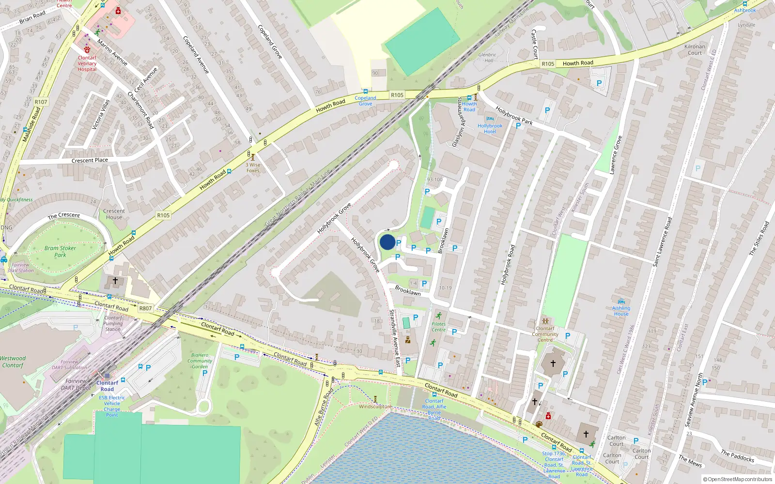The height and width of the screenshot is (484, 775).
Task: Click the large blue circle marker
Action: tap(387, 242)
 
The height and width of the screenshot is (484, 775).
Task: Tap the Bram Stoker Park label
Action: tap(60, 251)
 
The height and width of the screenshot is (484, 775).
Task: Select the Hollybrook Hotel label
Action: tap(490, 128)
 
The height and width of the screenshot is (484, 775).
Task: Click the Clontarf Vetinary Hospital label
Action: tap(87, 63)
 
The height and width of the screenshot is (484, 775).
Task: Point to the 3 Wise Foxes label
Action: tap(253, 167)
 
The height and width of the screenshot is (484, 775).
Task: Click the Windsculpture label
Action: tap(375, 407)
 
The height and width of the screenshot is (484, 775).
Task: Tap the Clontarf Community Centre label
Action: tap(545, 334)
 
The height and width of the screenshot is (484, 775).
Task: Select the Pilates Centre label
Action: tap(438, 327)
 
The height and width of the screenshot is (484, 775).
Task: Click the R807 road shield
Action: tap(145, 308)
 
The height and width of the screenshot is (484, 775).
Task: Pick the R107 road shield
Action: tap(41, 102)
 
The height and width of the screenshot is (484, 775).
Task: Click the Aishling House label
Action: tap(621, 311)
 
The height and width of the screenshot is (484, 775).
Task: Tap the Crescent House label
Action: tap(114, 214)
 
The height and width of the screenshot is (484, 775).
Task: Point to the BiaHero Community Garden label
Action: tap(200, 361)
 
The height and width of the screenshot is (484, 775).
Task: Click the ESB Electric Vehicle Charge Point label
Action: tap(112, 406)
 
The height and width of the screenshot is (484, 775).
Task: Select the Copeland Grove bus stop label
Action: tap(365, 101)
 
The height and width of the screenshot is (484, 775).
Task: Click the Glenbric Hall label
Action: tap(487, 58)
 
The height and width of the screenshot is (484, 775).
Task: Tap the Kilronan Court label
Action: tap(695, 49)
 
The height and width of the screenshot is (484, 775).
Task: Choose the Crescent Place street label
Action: tap(90, 160)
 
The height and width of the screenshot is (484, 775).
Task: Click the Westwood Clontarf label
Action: tap(13, 362)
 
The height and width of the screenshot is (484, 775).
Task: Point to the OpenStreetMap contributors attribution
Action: tap(737, 479)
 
